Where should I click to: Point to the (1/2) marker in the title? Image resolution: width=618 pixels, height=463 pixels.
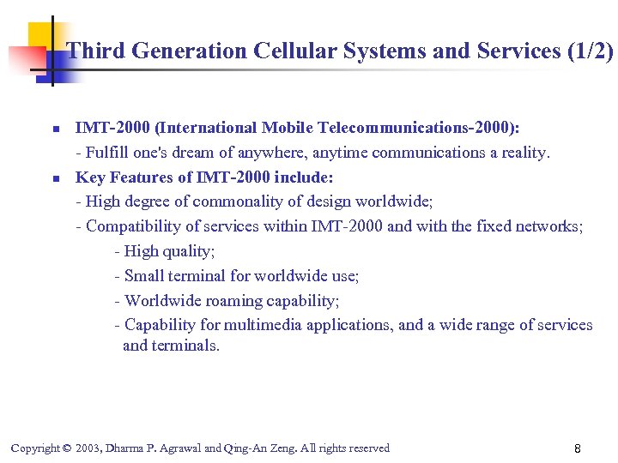pyautogui.click(x=591, y=51)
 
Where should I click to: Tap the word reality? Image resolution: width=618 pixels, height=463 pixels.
pyautogui.click(x=520, y=153)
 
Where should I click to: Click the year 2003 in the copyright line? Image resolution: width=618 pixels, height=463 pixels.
pyautogui.click(x=86, y=448)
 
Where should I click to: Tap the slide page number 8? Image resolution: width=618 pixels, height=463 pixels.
pyautogui.click(x=578, y=449)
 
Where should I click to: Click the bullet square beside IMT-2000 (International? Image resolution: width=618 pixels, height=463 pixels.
pyautogui.click(x=53, y=129)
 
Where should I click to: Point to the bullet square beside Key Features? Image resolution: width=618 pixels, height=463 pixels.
pyautogui.click(x=53, y=179)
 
